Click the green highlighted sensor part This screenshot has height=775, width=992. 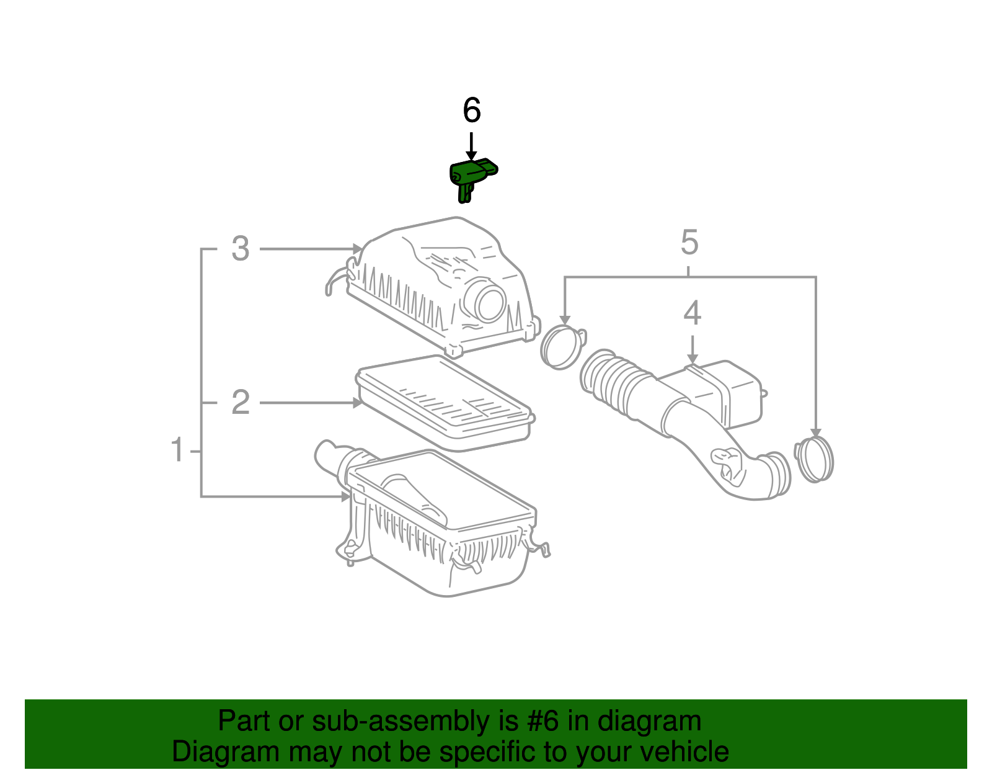pos(471,176)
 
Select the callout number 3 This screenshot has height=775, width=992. pos(240,249)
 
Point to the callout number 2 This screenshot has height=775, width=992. pos(240,403)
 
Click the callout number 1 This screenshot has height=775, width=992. pos(177,450)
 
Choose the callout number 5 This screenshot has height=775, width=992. pos(689,242)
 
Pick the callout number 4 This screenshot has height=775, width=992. pos(692,313)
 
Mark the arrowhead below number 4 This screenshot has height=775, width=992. pos(692,359)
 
